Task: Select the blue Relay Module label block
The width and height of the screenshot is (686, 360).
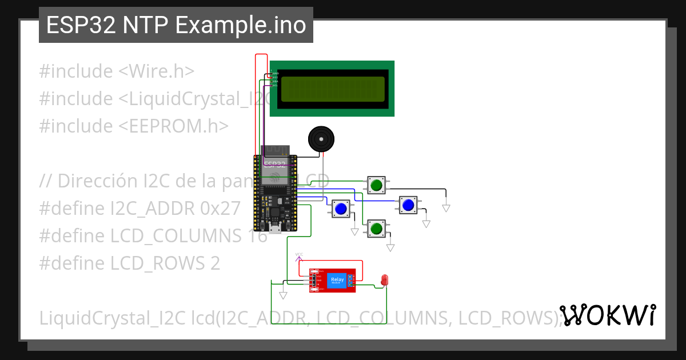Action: (337, 280)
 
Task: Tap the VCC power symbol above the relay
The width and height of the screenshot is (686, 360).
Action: (299, 254)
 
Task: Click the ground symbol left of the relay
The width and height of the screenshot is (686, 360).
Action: (283, 295)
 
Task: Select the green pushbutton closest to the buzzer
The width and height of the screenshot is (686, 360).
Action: (376, 185)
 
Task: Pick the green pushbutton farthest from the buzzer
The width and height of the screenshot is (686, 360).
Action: (376, 229)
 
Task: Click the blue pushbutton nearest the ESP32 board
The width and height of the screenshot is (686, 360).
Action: (341, 209)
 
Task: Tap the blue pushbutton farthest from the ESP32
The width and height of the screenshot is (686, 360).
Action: (408, 205)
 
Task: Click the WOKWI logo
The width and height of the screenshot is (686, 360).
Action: (607, 315)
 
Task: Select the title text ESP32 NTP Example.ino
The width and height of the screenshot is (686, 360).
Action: (176, 26)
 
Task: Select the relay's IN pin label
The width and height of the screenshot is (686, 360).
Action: (318, 285)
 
